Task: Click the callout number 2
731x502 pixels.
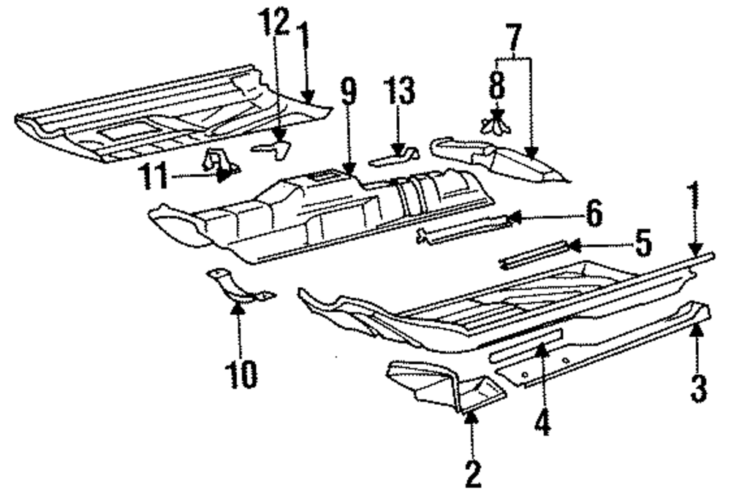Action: (x=473, y=474)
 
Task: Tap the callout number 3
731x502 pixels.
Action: (x=699, y=385)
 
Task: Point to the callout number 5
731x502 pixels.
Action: (x=642, y=244)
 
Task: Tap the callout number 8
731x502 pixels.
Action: (x=497, y=83)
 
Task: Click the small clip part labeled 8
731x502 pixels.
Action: (x=497, y=123)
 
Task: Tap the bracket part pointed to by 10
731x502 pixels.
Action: (x=238, y=289)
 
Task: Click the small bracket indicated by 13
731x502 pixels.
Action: (x=393, y=156)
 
